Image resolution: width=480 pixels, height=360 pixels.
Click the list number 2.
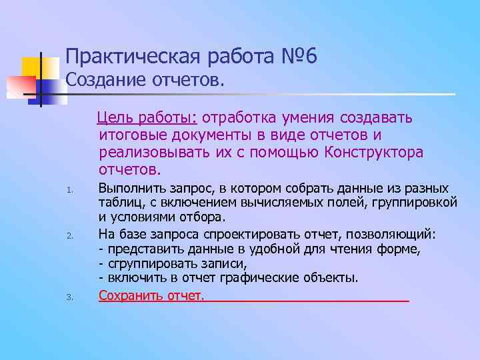(x=69, y=235)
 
